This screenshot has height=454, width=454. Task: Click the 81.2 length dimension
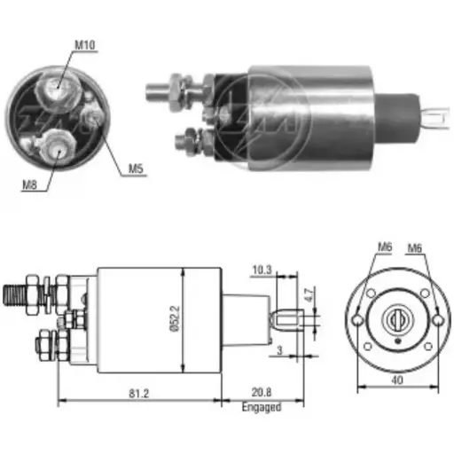pos(137,392)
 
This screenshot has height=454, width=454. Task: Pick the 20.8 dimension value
pos(261,392)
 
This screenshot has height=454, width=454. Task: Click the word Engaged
pos(262,407)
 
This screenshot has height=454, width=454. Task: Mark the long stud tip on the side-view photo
pos(153,88)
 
